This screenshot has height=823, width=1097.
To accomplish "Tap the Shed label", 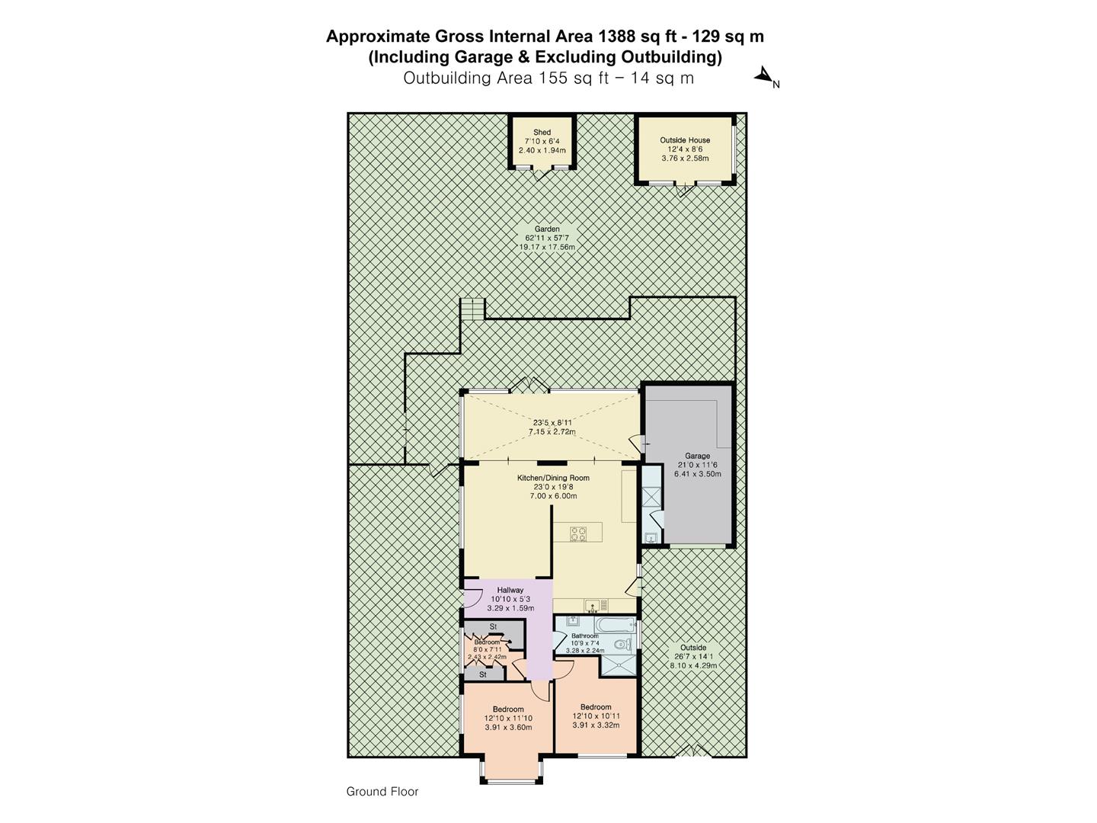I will click(542, 133).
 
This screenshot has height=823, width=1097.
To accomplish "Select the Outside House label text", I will click(685, 140).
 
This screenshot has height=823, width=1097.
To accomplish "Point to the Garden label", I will click(547, 229).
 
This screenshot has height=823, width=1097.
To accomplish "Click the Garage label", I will click(697, 456).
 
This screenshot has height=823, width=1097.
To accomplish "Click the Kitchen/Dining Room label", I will click(553, 478).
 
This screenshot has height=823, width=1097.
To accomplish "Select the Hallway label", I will click(510, 590).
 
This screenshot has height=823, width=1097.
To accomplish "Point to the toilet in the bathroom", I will click(620, 645).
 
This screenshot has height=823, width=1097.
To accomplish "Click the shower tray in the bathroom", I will click(617, 665).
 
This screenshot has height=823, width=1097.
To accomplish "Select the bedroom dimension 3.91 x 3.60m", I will click(508, 727).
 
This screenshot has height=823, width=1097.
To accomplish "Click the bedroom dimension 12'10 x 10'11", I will click(596, 716).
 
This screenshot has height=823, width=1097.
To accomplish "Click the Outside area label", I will click(693, 648).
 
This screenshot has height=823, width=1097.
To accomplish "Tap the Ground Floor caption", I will click(382, 792).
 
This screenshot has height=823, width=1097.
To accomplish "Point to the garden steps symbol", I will click(472, 309).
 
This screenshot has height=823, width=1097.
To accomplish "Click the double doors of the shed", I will click(542, 174).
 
